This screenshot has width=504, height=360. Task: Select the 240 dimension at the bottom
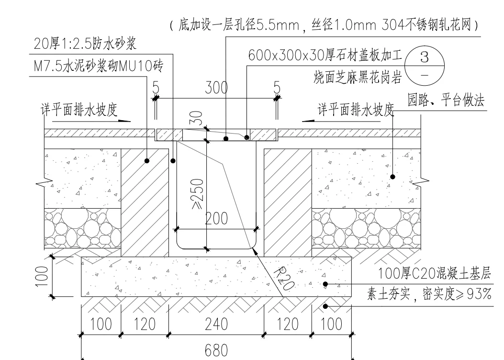(216, 324)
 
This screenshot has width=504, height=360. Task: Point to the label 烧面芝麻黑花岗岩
(357, 76)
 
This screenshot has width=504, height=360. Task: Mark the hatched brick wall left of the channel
(145, 201)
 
